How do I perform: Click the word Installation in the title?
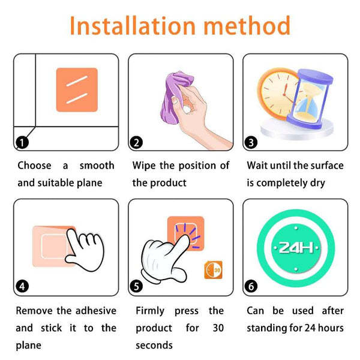click(133, 25)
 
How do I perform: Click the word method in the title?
click(247, 25)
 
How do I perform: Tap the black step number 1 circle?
click(22, 142)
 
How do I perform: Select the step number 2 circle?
click(136, 142)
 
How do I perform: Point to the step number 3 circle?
click(251, 142)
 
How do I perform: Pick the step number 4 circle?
click(22, 286)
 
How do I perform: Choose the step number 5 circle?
click(136, 286)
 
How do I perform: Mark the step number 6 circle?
click(251, 286)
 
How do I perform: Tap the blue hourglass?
click(310, 99)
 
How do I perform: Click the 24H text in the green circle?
click(296, 248)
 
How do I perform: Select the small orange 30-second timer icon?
click(213, 270)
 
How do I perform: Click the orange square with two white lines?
click(77, 90)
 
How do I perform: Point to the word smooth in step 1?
click(97, 166)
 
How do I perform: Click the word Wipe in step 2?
click(144, 166)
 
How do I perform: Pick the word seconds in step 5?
click(154, 346)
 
